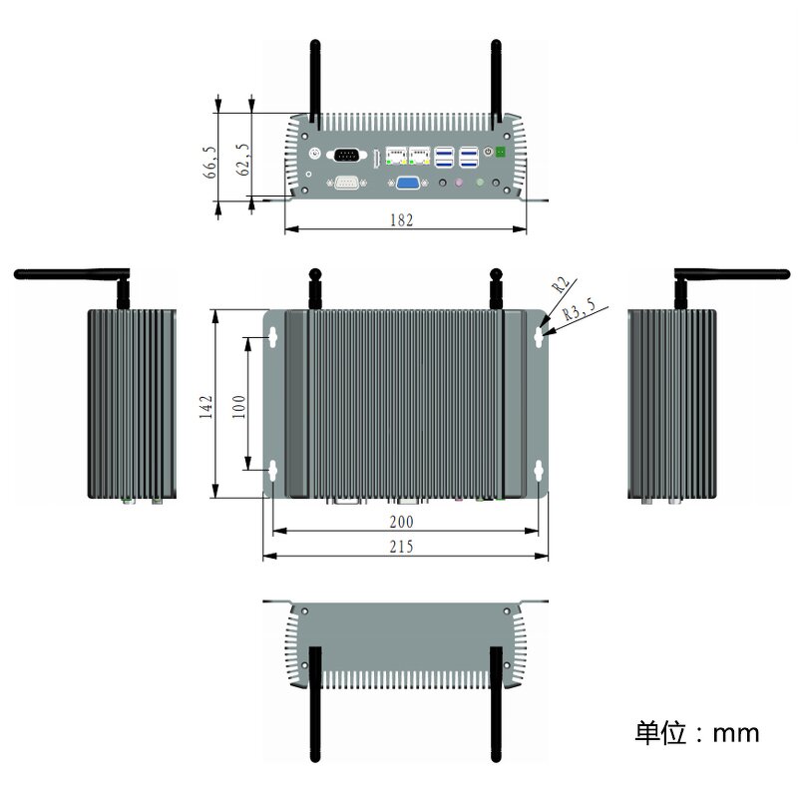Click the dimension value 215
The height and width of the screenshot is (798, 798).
pyautogui.click(x=402, y=546)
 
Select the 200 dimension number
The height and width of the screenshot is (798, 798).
pyautogui.click(x=402, y=521)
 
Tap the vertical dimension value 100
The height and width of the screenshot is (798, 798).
pyautogui.click(x=239, y=408)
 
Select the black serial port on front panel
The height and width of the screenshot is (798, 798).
pyautogui.click(x=346, y=155)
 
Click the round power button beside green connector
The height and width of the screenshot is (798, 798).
pyautogui.click(x=488, y=152)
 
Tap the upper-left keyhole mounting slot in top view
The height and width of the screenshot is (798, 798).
pyautogui.click(x=272, y=337)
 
